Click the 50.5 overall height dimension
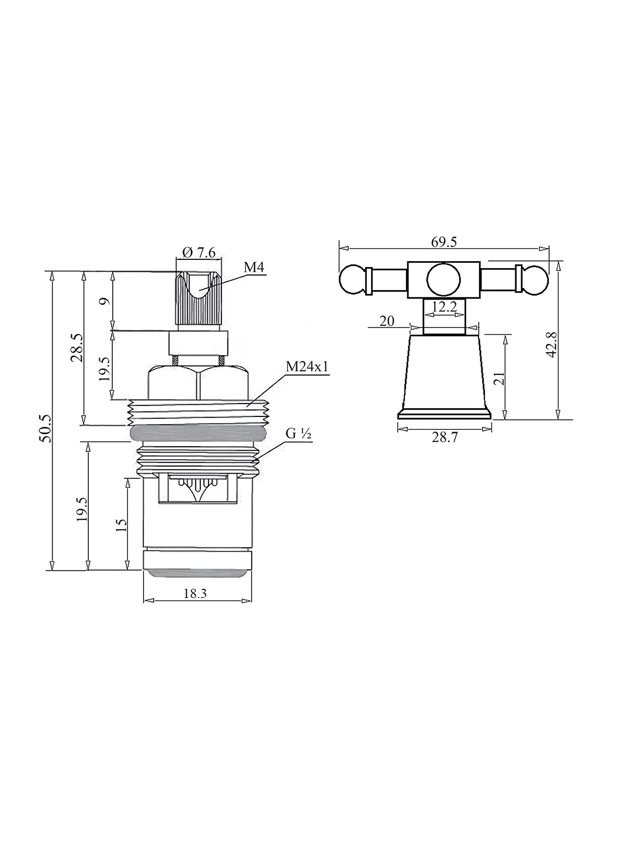point(46,428)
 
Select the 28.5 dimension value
point(77,347)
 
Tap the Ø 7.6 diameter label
point(199,252)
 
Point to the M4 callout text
point(254,267)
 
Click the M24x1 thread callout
point(307,367)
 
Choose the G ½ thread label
point(298,435)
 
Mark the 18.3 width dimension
point(195,593)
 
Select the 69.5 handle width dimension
point(444,242)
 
